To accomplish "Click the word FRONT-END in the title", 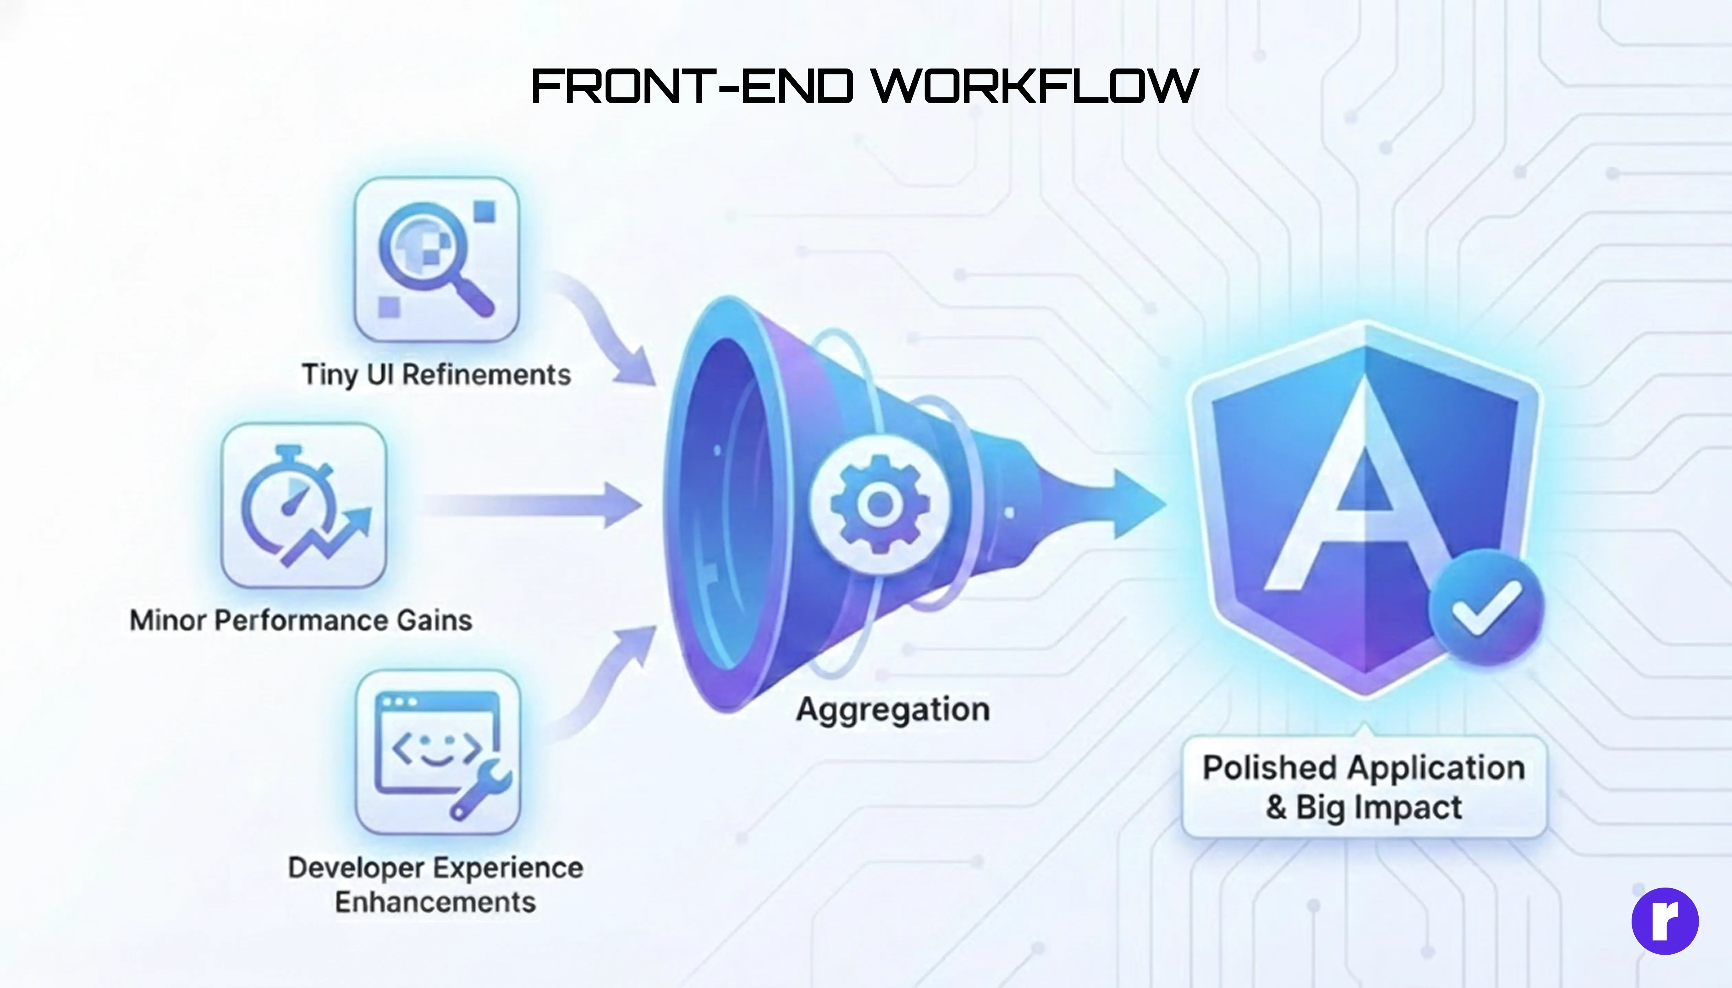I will [x=692, y=87].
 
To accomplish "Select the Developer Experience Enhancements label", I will [x=435, y=884].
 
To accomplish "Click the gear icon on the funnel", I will [x=880, y=504].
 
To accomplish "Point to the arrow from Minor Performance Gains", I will [x=536, y=505].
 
